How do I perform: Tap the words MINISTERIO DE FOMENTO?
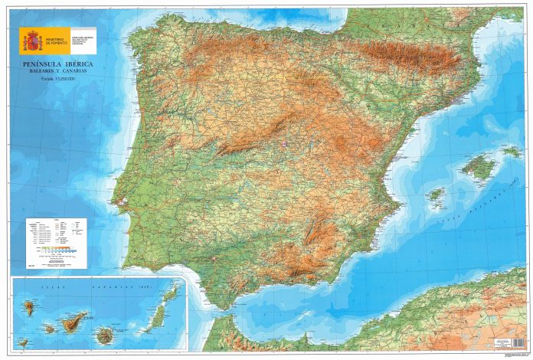[x=57, y=40]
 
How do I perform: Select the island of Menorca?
[x=512, y=152]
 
